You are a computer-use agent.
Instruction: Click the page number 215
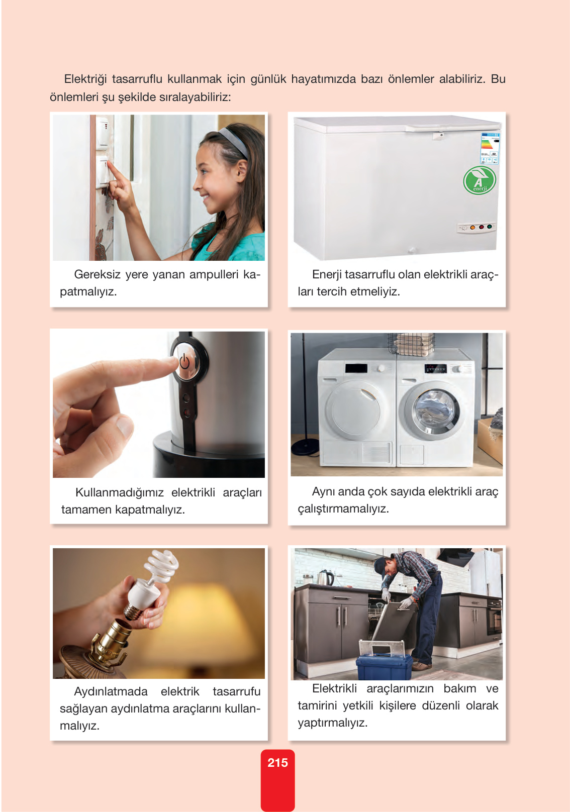tap(278, 762)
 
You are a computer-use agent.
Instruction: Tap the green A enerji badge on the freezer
tap(480, 180)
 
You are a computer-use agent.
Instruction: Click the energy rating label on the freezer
tap(490, 148)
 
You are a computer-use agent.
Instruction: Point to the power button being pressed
tap(184, 361)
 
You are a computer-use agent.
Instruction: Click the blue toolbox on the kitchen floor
tap(385, 667)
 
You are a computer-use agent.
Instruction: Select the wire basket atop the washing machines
tap(411, 345)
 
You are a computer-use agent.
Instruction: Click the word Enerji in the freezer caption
tap(327, 275)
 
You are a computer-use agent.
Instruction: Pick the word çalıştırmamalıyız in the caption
tap(343, 509)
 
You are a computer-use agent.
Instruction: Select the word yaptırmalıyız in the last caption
tap(333, 723)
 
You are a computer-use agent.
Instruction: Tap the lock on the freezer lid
tap(441, 135)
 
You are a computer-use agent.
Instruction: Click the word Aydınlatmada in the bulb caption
tap(111, 691)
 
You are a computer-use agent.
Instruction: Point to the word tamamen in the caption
tap(86, 510)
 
